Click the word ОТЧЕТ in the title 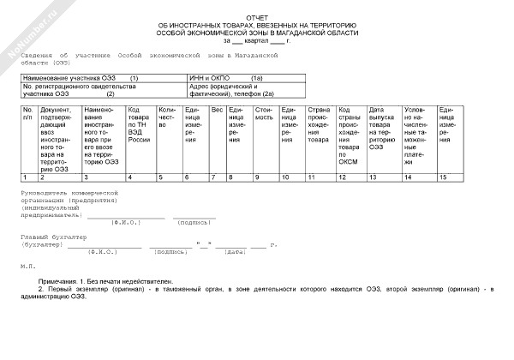click(x=256, y=17)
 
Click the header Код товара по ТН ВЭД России click(x=139, y=124)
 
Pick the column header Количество click(x=167, y=117)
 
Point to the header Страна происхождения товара click(x=319, y=124)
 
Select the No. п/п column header click(x=27, y=114)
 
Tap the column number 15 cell click(x=443, y=177)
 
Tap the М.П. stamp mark click(x=28, y=266)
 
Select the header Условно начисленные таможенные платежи click(x=417, y=136)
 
